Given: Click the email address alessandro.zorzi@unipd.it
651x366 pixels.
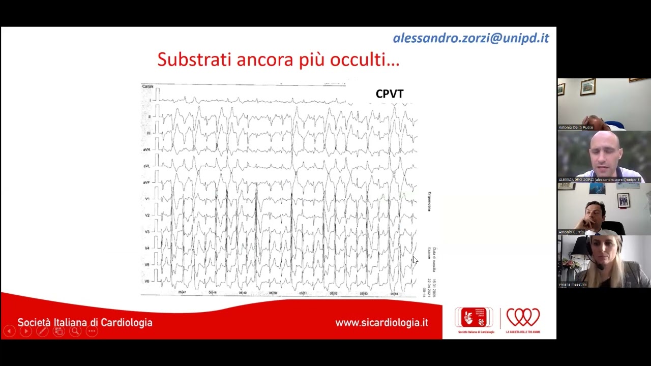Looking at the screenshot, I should click(470, 38).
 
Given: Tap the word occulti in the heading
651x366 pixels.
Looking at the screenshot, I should click(364, 59).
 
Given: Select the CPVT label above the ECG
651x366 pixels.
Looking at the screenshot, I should click(390, 94).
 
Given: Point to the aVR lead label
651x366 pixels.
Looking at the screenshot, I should click(146, 150).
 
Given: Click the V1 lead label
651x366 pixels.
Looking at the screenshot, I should click(147, 199).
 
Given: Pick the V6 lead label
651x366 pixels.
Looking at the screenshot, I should click(147, 281).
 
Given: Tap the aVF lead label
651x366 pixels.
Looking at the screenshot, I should click(146, 182).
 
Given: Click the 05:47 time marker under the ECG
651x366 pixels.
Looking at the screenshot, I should click(182, 293).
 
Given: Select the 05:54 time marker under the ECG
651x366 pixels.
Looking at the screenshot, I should click(394, 294).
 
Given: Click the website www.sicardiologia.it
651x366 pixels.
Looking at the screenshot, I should click(381, 323).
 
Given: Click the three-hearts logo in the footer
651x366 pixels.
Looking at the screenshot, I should click(523, 318).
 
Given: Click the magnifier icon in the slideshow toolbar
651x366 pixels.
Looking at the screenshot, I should click(75, 331).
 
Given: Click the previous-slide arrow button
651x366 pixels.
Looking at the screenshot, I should click(9, 331).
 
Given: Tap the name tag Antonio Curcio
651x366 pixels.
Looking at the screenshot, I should click(571, 232).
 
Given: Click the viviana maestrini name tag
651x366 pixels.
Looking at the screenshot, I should click(573, 284).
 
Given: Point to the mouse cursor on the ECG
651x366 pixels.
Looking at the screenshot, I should click(415, 260).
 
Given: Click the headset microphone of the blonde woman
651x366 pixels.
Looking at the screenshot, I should click(601, 267).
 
